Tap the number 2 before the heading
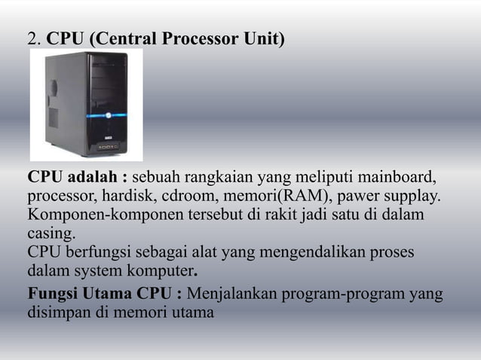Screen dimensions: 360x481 [32, 38]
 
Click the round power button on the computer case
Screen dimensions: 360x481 [109, 116]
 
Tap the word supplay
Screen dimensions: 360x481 [412, 197]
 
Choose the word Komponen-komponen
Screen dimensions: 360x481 [95, 215]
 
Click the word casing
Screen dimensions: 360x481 [51, 233]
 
